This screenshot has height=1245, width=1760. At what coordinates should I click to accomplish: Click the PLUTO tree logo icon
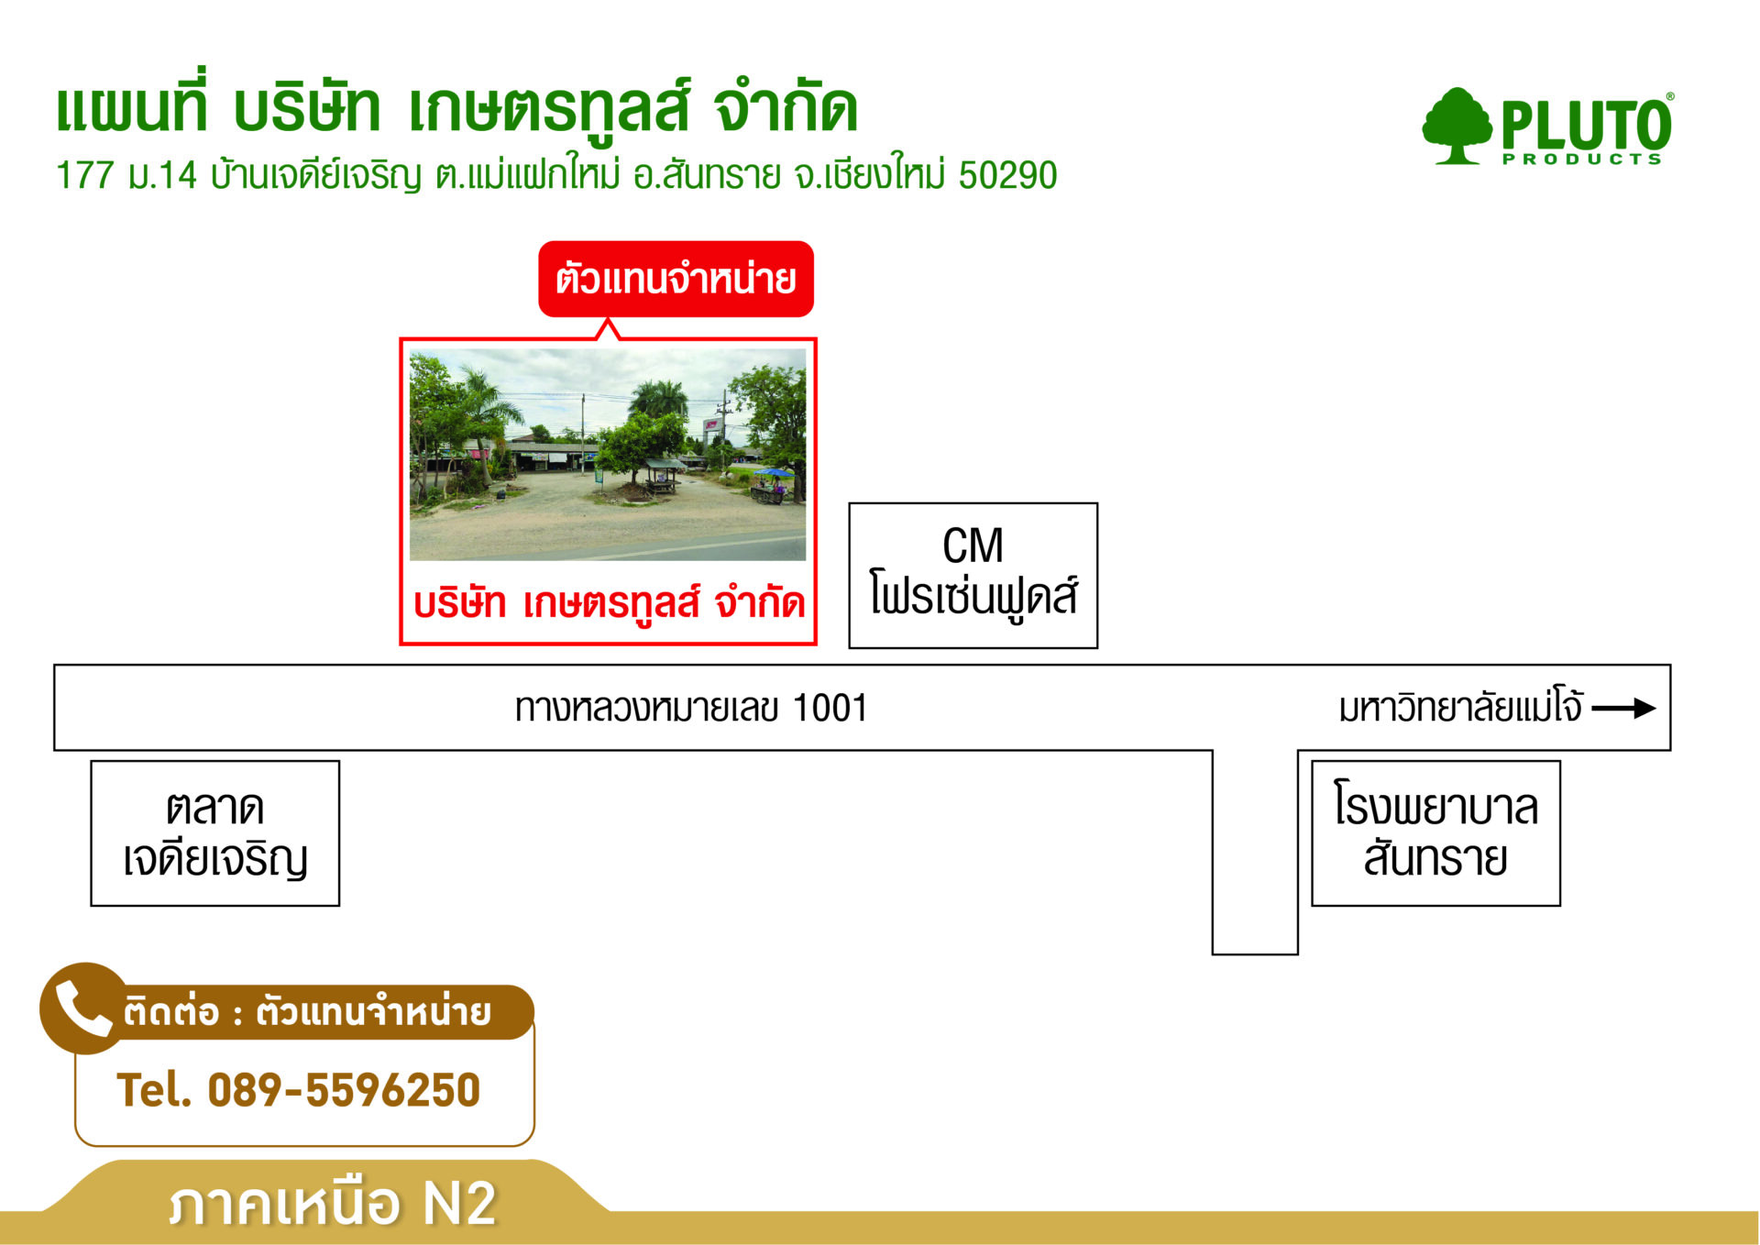pos(1457,127)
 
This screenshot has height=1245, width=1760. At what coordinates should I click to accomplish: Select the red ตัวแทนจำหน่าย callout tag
pos(676,279)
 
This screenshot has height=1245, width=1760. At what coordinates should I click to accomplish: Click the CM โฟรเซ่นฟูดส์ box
pos(973,575)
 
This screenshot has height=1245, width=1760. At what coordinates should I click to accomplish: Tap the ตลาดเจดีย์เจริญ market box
pos(215,833)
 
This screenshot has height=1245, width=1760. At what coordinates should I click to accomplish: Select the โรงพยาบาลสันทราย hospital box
pos(1435,833)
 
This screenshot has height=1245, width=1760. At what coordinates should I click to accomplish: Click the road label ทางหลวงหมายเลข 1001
pos(691,708)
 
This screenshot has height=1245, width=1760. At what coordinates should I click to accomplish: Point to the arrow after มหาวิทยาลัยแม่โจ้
pos(1623,708)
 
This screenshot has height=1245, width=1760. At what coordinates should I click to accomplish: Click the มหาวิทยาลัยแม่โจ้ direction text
pos(1460,708)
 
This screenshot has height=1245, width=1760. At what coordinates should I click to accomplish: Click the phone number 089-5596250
pos(344,1090)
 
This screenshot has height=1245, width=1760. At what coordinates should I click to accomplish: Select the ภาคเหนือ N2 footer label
pos(333,1204)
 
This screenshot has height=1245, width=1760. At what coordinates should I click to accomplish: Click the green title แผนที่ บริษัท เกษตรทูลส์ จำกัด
pos(456,107)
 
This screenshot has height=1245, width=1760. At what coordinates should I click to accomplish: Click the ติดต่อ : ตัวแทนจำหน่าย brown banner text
pos(307,1012)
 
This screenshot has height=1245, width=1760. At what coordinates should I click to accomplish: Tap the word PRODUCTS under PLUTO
pos(1581,160)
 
